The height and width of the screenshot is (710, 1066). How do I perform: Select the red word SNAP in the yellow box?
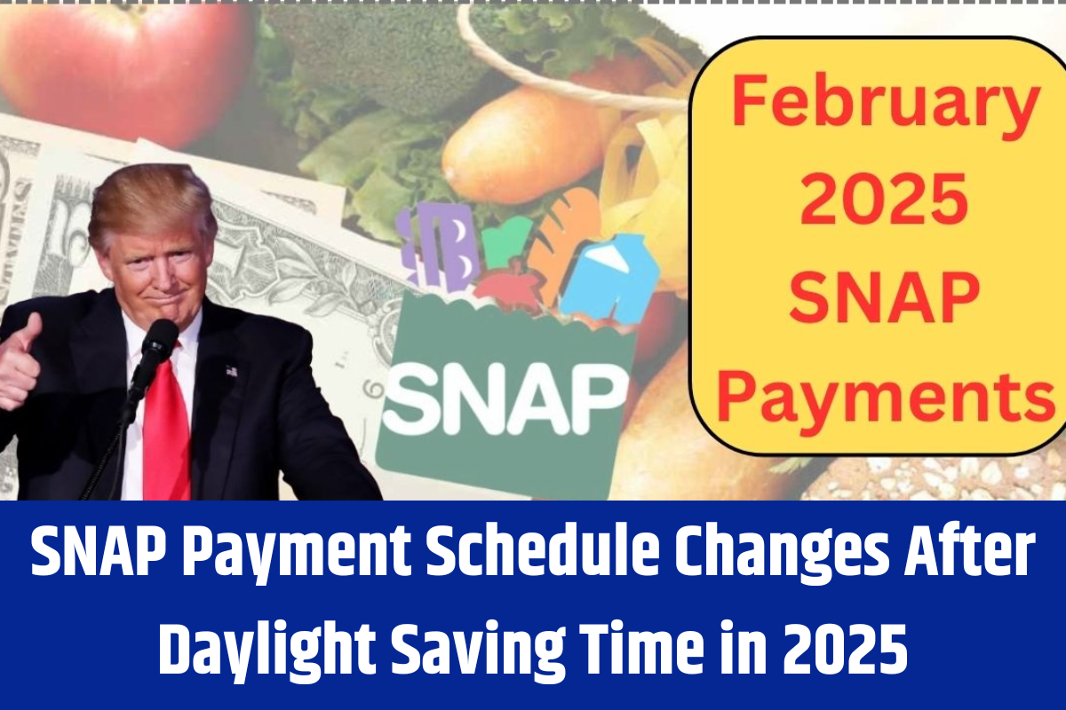coord(884,301)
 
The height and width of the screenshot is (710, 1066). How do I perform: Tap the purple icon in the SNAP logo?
coord(434,246)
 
